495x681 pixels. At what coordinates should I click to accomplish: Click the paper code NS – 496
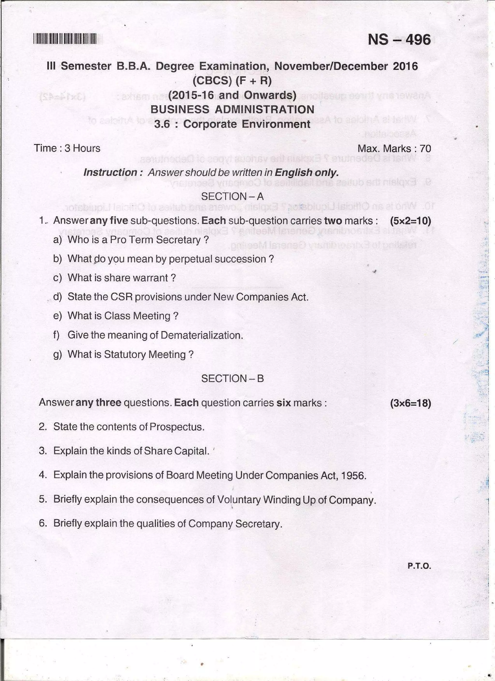pos(399,39)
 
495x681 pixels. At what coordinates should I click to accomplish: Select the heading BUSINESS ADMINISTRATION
pos(232,109)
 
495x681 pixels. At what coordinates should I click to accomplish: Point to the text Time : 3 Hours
pos(67,148)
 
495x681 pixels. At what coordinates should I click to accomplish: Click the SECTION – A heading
pos(232,196)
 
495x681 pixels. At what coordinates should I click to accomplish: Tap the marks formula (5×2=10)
pos(410,221)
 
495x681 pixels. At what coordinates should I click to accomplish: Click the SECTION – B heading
pos(232,379)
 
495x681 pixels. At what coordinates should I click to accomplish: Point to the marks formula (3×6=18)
pos(410,403)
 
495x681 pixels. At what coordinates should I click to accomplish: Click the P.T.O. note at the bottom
pos(419,566)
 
